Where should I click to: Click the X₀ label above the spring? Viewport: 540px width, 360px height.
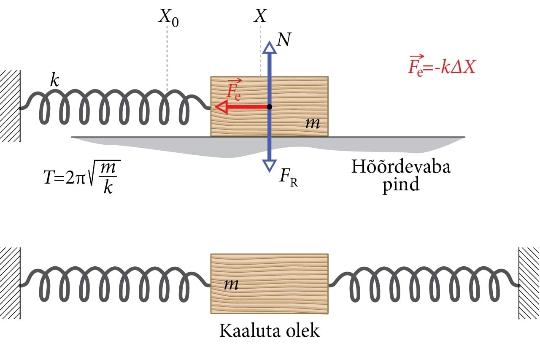coord(168,18)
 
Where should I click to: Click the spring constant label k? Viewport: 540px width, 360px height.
coord(54,80)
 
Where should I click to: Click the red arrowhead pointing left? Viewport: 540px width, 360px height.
coord(221,107)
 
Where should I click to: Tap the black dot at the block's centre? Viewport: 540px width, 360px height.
coord(270,107)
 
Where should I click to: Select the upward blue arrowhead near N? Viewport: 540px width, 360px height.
coord(269,47)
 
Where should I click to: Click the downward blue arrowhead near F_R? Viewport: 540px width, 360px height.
coord(269,165)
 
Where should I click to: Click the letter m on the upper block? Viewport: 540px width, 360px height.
coord(313,123)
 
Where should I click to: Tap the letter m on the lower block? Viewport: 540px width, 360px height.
coord(231,284)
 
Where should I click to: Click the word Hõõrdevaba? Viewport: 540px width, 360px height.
coord(401,167)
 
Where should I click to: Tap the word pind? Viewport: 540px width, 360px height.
coord(401,185)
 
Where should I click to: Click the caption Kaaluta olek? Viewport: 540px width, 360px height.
coord(270,330)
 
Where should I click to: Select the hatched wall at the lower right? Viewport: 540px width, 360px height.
coord(529,283)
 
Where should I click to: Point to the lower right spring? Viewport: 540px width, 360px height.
coord(424,283)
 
